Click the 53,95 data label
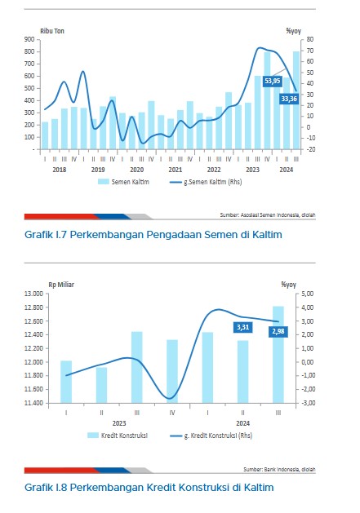pos(272,81)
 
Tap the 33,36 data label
pos(289,99)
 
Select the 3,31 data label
pos(242,327)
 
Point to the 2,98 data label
pos(278,332)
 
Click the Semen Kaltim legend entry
pos(123,182)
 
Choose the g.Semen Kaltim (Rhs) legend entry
pos(206,182)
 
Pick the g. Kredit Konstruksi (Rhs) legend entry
pos(211,436)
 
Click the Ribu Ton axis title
pos(52,31)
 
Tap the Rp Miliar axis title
pos(61,285)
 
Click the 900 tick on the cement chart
pos(29,39)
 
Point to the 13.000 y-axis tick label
pos(33,294)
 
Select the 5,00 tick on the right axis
pos(307,294)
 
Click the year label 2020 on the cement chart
pos(136,170)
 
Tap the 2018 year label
pos(60,170)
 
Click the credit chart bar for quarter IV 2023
pos(172,371)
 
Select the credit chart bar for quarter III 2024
pos(278,355)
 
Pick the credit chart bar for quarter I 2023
pos(66,382)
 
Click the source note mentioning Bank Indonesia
pos(279,470)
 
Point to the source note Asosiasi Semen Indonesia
pos(268,215)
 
